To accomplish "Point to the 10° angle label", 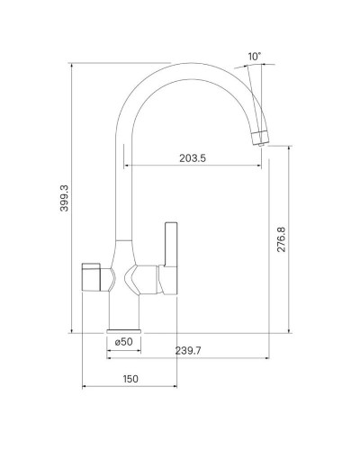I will (255, 56).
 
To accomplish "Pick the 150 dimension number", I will (130, 379).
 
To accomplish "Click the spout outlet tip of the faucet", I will (260, 136).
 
